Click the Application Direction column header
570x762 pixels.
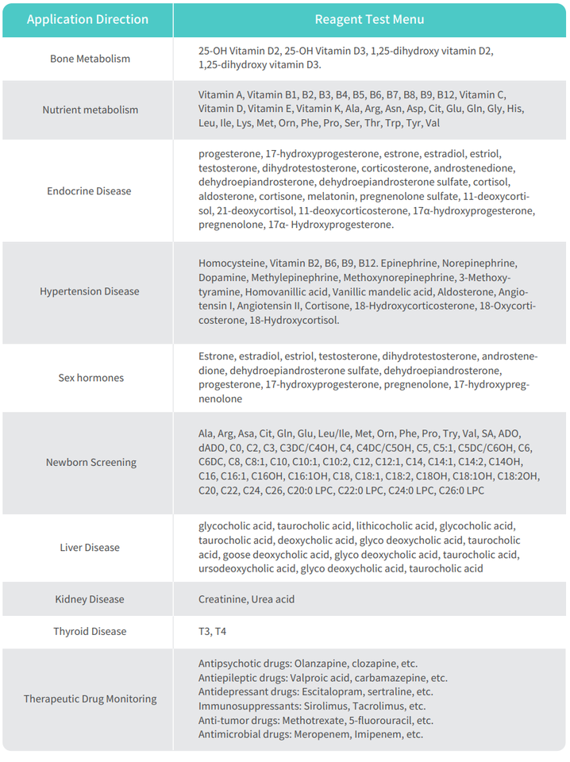87,19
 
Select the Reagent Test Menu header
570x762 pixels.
369,19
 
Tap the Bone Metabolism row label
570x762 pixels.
90,59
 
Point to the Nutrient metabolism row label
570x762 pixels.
90,110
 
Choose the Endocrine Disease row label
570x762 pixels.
90,190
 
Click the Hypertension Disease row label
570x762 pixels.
90,291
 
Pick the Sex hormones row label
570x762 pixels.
91,378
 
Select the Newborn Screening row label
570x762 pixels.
91,462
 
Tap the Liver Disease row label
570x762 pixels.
90,547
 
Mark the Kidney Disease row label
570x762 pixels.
90,598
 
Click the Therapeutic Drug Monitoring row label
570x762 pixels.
90,698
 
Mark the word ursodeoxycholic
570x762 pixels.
236,568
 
